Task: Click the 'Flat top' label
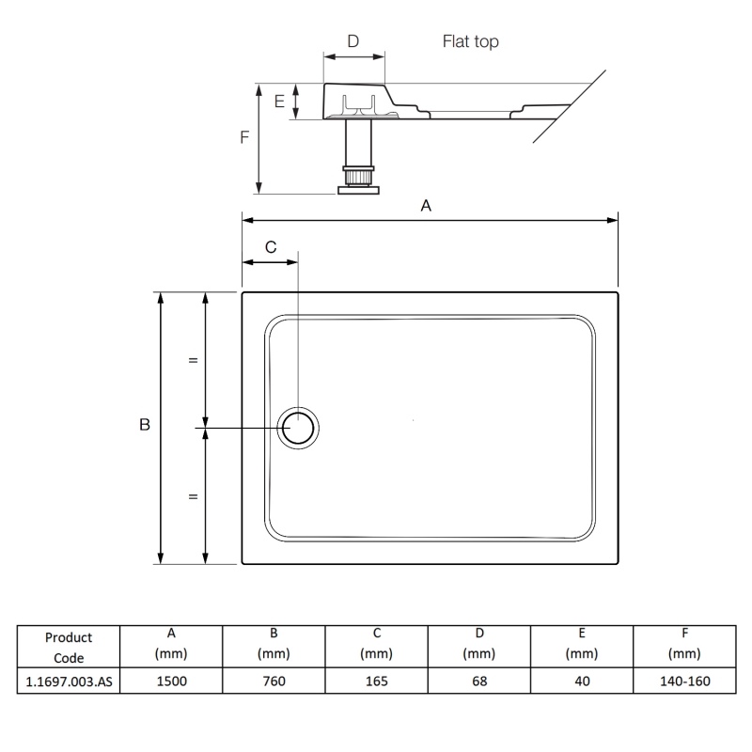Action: pyautogui.click(x=470, y=41)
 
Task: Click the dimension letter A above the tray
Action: pyautogui.click(x=426, y=206)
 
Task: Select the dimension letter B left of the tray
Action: pyautogui.click(x=144, y=426)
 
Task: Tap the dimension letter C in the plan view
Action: pyautogui.click(x=271, y=247)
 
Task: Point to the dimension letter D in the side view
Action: pyautogui.click(x=352, y=40)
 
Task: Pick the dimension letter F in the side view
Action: pyautogui.click(x=244, y=137)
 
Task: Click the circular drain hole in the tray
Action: pyautogui.click(x=300, y=428)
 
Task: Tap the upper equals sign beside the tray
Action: pyautogui.click(x=193, y=360)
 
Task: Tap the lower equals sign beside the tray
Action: pyautogui.click(x=193, y=496)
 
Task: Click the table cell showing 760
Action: pyautogui.click(x=273, y=681)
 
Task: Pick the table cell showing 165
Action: pyautogui.click(x=375, y=681)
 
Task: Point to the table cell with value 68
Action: pyautogui.click(x=478, y=681)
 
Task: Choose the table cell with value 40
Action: pyautogui.click(x=582, y=681)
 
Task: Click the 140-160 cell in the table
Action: pyautogui.click(x=685, y=681)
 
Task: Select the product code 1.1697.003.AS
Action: pyautogui.click(x=69, y=681)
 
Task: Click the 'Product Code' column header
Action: pyautogui.click(x=69, y=648)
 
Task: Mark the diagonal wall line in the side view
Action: pyautogui.click(x=569, y=105)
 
